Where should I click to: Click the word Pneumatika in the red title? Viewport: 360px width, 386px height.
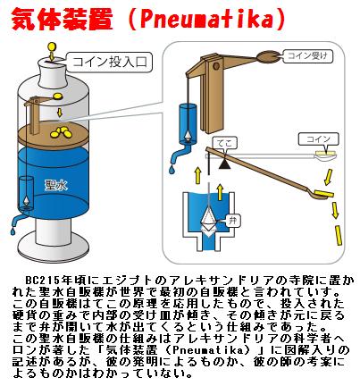pos(206,19)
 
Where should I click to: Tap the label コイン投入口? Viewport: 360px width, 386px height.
pos(110,63)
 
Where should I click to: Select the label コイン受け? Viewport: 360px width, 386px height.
pos(307,55)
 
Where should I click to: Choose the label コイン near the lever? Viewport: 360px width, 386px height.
pos(318,139)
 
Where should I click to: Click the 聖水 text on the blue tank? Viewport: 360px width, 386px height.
pos(55,185)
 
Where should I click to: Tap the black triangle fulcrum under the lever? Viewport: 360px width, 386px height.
pos(225,164)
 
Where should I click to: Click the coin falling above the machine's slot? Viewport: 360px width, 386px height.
pos(52,46)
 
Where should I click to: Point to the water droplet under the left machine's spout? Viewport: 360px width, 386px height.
pos(13,231)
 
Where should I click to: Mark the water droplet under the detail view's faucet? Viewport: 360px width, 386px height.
pos(172,169)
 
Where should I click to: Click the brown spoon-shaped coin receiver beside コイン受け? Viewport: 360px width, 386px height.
pos(267,56)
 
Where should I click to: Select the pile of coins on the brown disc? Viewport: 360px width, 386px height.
pos(60,132)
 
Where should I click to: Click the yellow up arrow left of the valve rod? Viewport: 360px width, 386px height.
pos(197,176)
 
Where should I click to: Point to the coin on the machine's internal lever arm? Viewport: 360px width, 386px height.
pos(56,96)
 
